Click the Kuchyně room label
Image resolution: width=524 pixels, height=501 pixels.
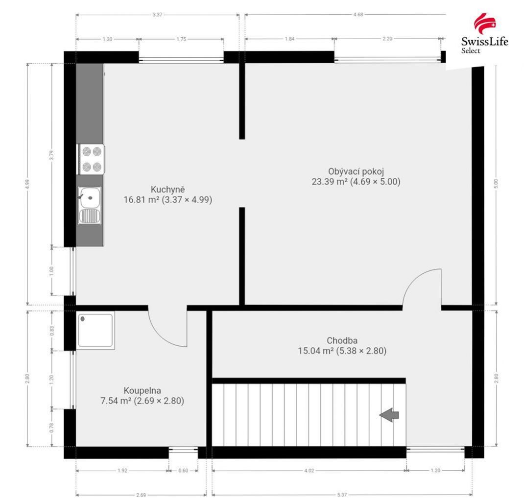click(x=168, y=190)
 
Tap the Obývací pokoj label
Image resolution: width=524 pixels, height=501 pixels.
click(x=356, y=171)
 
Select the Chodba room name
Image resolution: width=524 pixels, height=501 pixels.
click(x=342, y=340)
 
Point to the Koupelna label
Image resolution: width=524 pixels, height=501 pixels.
click(x=143, y=390)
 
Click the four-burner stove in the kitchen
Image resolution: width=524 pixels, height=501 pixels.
click(x=92, y=159)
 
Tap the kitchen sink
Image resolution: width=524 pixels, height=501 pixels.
click(x=90, y=206)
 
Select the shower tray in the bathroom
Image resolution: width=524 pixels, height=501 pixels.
click(x=95, y=330)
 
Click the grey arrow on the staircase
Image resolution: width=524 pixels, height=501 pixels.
click(x=389, y=415)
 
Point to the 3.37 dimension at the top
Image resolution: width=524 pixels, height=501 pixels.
click(x=157, y=15)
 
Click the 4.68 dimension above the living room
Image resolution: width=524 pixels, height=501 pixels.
click(x=358, y=14)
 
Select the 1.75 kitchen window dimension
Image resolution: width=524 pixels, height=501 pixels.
click(x=181, y=39)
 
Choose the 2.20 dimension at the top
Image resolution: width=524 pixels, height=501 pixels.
click(x=387, y=39)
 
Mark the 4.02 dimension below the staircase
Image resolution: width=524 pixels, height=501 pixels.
click(x=309, y=471)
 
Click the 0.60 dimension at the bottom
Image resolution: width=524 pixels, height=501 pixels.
click(x=183, y=471)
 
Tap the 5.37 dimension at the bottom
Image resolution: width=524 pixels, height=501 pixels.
click(x=342, y=495)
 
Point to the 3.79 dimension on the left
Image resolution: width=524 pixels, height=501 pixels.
click(x=51, y=155)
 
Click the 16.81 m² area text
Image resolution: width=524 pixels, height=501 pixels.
click(x=142, y=199)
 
